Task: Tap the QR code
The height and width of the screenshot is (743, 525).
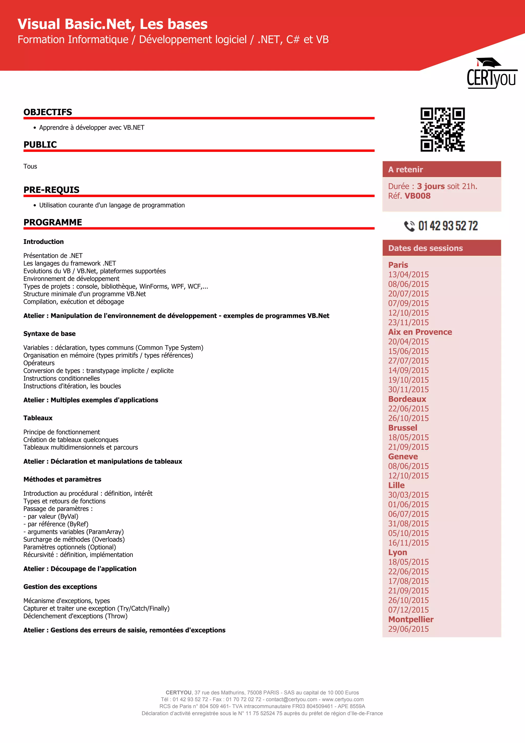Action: [x=442, y=130]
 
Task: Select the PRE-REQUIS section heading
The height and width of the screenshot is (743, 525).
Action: [x=52, y=190]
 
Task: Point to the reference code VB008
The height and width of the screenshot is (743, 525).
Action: [x=417, y=196]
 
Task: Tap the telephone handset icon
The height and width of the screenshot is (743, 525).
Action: [x=409, y=226]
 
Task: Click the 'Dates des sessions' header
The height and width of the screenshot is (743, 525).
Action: [x=426, y=248]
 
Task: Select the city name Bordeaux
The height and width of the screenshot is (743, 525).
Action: [x=407, y=399]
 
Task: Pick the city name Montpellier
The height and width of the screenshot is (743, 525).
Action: [x=411, y=619]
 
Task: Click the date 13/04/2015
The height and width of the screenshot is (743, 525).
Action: [x=408, y=275]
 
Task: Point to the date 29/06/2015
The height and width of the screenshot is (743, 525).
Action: [x=408, y=629]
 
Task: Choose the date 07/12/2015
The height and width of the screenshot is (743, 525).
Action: [x=408, y=610]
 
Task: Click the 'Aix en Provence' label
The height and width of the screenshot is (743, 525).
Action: [x=420, y=332]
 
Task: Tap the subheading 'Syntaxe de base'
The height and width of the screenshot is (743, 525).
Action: [x=49, y=334]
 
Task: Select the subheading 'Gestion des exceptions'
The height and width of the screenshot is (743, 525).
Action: [x=60, y=587]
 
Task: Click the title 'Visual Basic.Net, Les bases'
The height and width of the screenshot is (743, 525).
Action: [x=113, y=24]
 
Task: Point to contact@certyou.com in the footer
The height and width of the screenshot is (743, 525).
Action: [x=291, y=699]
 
